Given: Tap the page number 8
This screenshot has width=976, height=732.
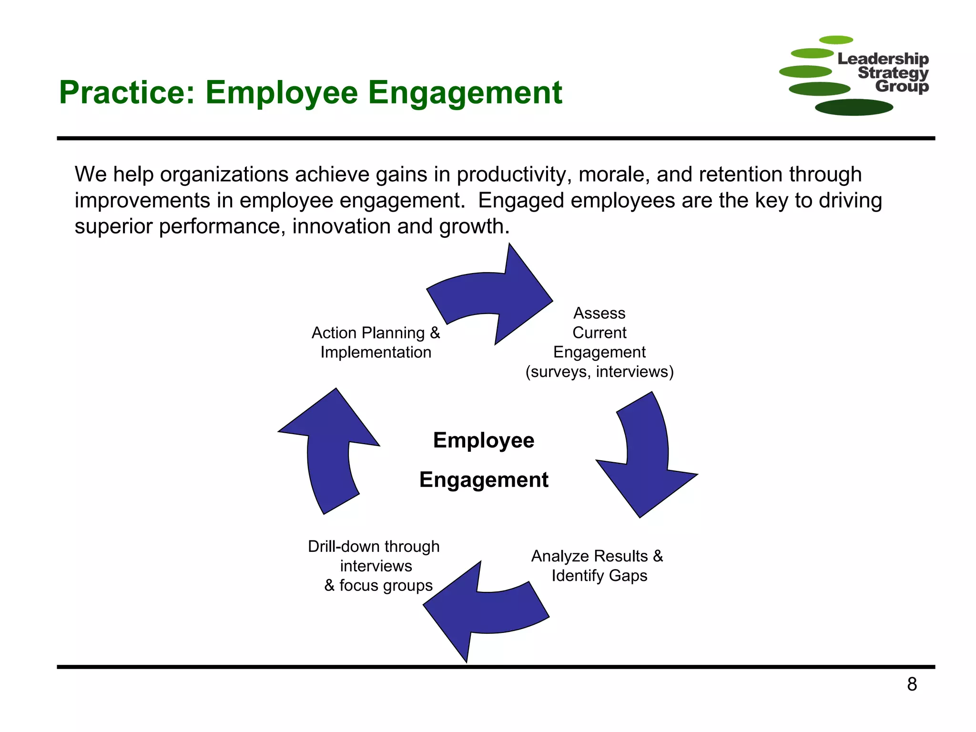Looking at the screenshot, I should (912, 684).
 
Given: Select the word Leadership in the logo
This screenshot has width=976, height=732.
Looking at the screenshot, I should (883, 59).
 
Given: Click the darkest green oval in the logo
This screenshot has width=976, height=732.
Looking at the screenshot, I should (854, 107).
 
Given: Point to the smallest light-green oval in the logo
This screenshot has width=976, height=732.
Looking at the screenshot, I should (835, 40).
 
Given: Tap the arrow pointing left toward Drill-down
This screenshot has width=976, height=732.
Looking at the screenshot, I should (481, 610).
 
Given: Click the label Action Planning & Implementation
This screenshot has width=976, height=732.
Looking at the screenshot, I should (376, 342).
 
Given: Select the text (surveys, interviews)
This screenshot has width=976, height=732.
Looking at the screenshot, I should (600, 372).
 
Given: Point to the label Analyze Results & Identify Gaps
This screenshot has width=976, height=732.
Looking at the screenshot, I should (598, 566).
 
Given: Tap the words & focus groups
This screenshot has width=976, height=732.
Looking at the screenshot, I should (378, 585).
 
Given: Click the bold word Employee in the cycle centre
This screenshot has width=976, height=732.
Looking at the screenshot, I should (484, 440).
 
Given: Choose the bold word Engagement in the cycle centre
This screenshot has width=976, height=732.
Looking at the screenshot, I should (484, 479).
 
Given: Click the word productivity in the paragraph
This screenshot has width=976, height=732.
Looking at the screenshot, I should (514, 174).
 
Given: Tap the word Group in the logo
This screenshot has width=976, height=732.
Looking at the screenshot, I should (902, 86).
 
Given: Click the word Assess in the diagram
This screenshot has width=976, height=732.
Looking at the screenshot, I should (599, 313).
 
